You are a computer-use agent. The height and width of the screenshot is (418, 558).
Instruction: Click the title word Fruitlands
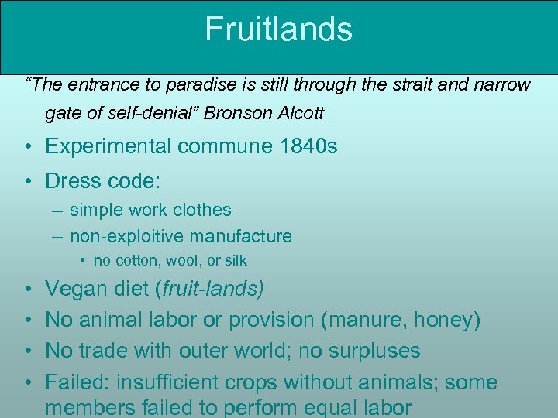pyautogui.click(x=278, y=29)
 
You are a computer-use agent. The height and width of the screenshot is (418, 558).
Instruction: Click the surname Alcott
pyautogui.click(x=298, y=113)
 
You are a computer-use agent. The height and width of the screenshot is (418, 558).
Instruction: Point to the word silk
pyautogui.click(x=234, y=261)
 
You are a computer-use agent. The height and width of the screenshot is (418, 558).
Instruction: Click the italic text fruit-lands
pyautogui.click(x=211, y=290)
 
